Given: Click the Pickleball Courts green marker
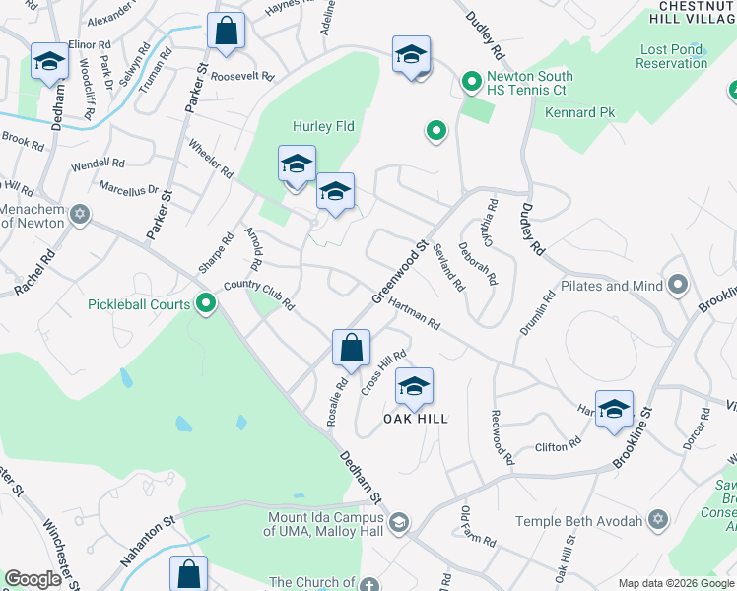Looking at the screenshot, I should pyautogui.click(x=205, y=304).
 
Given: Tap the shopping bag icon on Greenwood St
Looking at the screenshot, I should pyautogui.click(x=351, y=348).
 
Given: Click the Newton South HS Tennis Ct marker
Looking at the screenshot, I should pyautogui.click(x=472, y=81).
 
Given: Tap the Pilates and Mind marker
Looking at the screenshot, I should pyautogui.click(x=677, y=286).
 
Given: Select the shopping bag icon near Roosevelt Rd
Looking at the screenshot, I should pyautogui.click(x=227, y=32).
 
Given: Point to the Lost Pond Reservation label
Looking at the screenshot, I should pyautogui.click(x=672, y=56).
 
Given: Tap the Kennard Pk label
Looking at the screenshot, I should pyautogui.click(x=579, y=113).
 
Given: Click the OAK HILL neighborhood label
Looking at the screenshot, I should pyautogui.click(x=415, y=419).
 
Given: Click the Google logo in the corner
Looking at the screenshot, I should pyautogui.click(x=33, y=579).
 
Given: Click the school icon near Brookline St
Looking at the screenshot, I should pyautogui.click(x=614, y=410).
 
